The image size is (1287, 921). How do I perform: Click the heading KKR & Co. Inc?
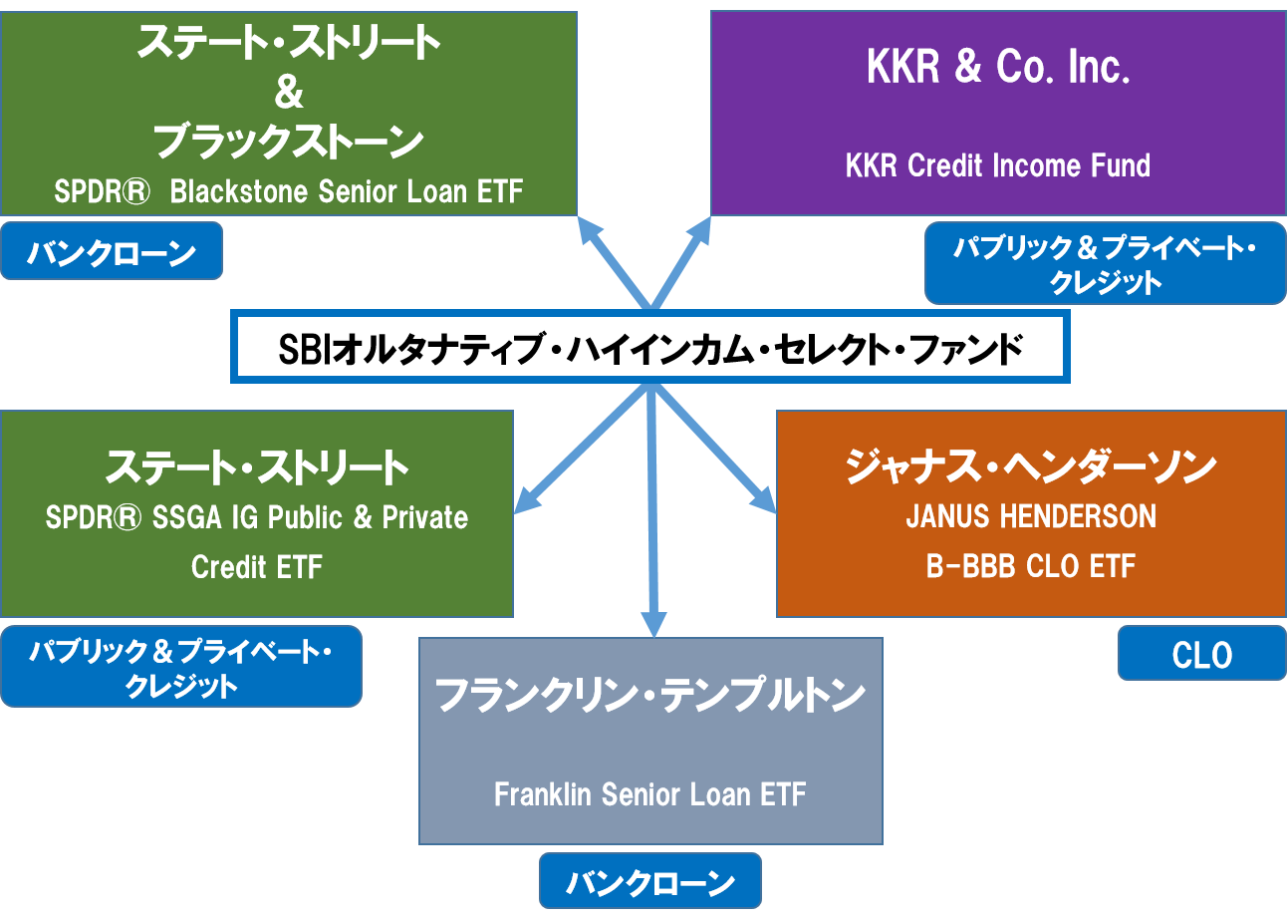pos(997,67)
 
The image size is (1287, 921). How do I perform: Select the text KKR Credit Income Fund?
pos(997,164)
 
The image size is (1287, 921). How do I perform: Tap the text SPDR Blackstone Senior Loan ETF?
pos(288,191)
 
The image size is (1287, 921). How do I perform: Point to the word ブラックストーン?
pos(288,143)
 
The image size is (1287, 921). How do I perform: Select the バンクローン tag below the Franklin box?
pos(649,881)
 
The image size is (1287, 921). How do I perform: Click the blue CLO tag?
pos(1201,654)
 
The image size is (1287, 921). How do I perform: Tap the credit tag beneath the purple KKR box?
pos(1105,265)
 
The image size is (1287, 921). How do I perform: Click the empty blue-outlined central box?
pos(650,346)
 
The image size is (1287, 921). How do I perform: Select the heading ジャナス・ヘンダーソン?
pos(1030,466)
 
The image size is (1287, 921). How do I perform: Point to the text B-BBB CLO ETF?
pos(1030,566)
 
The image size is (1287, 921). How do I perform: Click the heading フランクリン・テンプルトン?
pos(650,695)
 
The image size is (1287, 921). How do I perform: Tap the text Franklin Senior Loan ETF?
pos(650,794)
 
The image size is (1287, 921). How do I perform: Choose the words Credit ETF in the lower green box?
pos(257,566)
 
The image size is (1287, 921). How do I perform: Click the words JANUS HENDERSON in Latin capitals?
pos(1030,516)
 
